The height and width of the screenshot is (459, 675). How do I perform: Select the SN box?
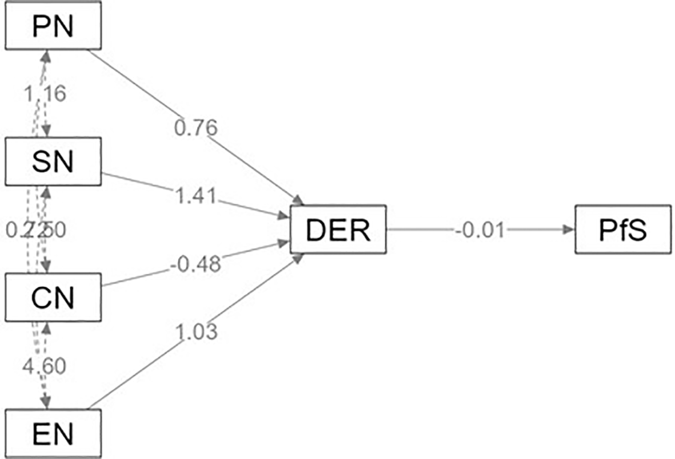coord(53,162)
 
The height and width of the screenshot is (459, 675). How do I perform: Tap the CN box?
coord(53,298)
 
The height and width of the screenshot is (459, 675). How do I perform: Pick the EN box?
coord(53,433)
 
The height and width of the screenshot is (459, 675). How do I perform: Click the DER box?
coord(338,230)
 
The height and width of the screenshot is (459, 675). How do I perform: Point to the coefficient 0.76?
coord(196,127)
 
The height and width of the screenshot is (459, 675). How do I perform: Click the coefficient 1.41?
coord(196,197)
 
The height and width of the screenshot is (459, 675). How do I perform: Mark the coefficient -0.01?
coord(481,230)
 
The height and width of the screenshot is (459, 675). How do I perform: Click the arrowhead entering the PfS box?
coord(569,230)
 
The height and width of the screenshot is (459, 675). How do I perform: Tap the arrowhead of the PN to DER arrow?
coord(299,200)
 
